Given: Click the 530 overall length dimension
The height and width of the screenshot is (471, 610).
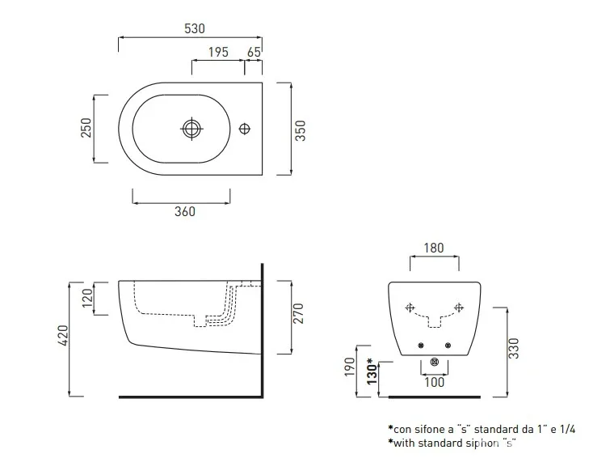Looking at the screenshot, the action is [x=195, y=28].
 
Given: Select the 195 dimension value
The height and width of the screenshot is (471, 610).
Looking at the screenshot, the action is [x=218, y=52].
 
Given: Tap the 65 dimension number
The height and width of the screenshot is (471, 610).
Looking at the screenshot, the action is [x=254, y=52].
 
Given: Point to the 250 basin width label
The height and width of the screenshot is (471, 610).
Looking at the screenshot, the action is [x=86, y=128].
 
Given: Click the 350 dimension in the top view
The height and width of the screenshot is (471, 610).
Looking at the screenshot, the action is [x=301, y=131].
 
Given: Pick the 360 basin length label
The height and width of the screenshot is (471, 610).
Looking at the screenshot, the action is [x=185, y=211].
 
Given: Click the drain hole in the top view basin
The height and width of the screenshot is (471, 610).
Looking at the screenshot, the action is [x=191, y=129].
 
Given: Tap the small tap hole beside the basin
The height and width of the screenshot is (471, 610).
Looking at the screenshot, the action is [x=245, y=129].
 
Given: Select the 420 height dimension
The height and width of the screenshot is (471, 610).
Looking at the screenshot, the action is [x=63, y=335].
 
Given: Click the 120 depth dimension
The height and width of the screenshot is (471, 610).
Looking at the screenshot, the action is [x=88, y=298].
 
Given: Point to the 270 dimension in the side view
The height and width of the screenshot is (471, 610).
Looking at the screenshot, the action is [x=298, y=313].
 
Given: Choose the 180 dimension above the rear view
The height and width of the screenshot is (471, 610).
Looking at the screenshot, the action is [x=433, y=248].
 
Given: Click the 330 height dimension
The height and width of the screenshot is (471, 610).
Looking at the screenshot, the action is [x=514, y=349].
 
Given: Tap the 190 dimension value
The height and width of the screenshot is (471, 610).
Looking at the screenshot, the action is [x=350, y=367].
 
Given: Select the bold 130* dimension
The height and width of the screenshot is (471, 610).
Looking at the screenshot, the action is [x=372, y=371].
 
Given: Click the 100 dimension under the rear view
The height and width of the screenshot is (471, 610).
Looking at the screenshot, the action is [x=434, y=382].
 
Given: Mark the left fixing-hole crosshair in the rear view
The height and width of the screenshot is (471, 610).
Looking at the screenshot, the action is [x=410, y=308].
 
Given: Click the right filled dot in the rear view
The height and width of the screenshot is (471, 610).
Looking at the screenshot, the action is [x=448, y=346].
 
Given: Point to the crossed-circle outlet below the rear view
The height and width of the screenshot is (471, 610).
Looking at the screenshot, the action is [x=435, y=363].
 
